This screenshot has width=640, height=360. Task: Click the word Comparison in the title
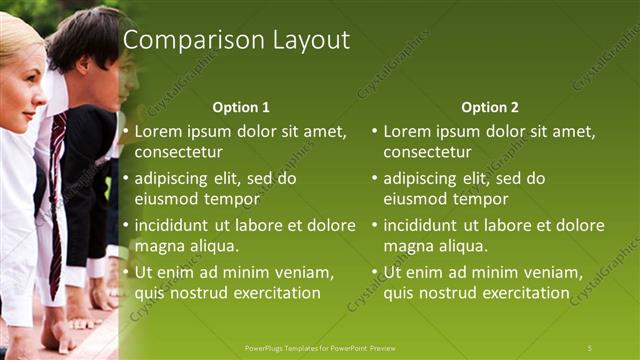point(183,40)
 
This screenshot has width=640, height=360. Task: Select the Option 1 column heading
point(241,107)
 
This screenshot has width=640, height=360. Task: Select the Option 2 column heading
point(489,107)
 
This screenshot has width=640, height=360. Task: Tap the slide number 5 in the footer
point(589,347)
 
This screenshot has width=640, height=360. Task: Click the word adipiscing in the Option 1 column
point(177,179)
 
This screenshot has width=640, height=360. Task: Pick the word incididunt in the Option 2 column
point(428,225)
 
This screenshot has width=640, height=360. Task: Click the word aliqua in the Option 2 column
point(463,246)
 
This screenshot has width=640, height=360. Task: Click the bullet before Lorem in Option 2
point(375,132)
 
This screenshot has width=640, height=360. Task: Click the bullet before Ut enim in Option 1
point(126,272)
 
